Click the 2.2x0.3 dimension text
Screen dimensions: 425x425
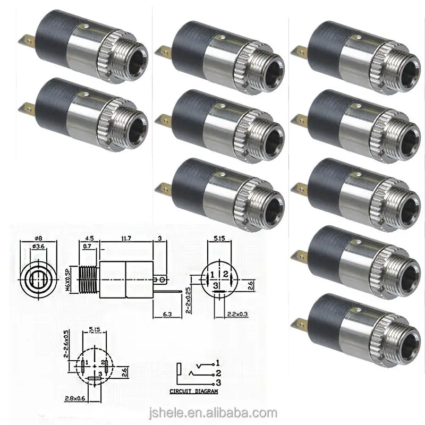pos(237,314)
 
